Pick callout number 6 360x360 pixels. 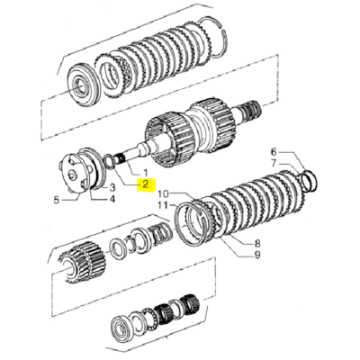[x=276, y=152]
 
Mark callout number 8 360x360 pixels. [x=257, y=243]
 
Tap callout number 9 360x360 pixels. [x=257, y=255]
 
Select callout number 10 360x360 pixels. [x=163, y=193]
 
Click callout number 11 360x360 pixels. [x=163, y=206]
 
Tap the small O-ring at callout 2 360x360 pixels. [x=110, y=162]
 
